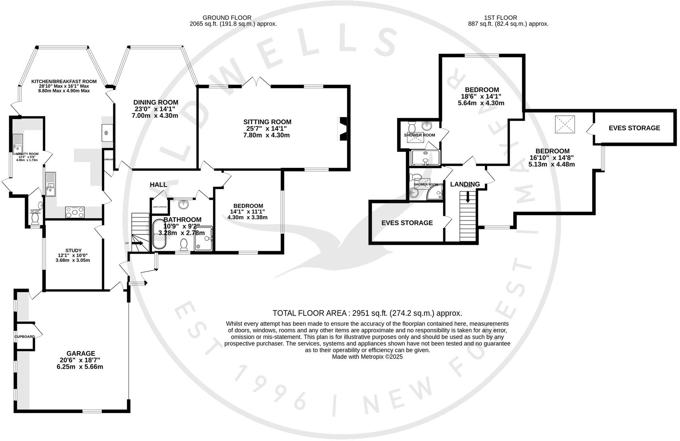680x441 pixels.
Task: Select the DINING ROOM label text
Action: (156, 103)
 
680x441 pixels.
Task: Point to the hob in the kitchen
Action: (75, 212)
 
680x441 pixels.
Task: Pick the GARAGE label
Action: (81, 354)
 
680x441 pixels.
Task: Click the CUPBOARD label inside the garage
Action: (25, 337)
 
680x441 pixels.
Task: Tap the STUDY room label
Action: (73, 251)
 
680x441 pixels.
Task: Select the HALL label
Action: (158, 185)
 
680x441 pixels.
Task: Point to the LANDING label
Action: (465, 184)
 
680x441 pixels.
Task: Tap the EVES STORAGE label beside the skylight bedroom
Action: (634, 128)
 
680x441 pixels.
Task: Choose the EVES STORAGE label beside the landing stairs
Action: (407, 222)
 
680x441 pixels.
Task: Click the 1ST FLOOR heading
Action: (500, 18)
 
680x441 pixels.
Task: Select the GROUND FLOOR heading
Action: (227, 18)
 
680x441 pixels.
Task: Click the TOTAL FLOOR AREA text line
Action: (367, 313)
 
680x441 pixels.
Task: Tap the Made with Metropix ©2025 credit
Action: (367, 357)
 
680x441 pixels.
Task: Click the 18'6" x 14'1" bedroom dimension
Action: (481, 96)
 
